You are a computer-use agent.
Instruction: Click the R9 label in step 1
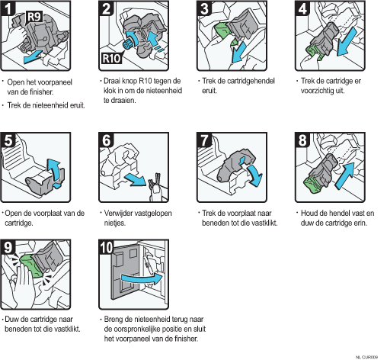(34, 18)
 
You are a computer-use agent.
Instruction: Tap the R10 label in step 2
(111, 58)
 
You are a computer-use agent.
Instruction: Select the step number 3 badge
(204, 8)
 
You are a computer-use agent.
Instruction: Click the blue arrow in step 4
(347, 41)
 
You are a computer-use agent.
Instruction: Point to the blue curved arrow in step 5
(56, 171)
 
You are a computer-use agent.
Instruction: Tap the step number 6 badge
(106, 140)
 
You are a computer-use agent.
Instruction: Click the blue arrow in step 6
(135, 179)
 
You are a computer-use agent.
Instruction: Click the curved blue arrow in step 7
(255, 175)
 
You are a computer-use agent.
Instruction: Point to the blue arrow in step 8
(345, 175)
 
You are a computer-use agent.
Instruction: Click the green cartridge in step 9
(29, 266)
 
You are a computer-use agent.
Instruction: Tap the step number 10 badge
(106, 247)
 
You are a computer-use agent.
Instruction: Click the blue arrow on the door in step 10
(142, 279)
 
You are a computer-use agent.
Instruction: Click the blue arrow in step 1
(33, 56)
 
